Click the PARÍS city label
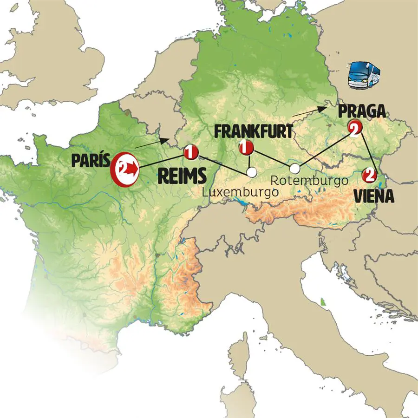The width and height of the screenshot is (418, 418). coord(90,161)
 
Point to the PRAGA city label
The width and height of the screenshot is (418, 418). coord(362,111)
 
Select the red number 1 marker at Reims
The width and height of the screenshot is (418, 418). coord(190,151)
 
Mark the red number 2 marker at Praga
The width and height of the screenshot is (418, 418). coord(354,127)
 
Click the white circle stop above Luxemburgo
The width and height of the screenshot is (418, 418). coord(251,172)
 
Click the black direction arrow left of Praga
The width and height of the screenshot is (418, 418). coord(308,111)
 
